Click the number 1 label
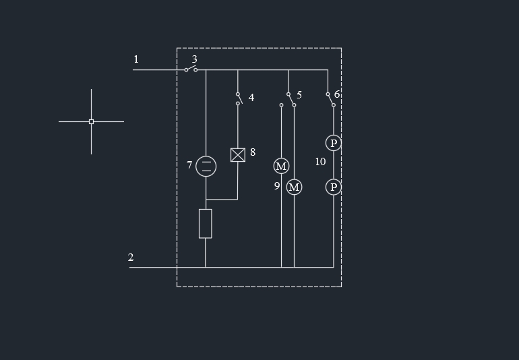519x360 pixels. tap(135, 59)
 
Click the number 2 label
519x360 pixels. tap(131, 258)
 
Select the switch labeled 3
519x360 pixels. tap(191, 69)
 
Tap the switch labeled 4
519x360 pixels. tap(238, 98)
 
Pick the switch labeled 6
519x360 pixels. tap(330, 99)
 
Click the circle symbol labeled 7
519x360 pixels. tap(206, 166)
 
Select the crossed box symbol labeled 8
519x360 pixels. tap(238, 155)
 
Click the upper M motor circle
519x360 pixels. tap(281, 167)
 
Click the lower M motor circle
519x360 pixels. tap(294, 187)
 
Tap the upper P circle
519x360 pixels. tap(334, 143)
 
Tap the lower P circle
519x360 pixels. tap(334, 187)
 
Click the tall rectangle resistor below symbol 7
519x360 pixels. tap(206, 223)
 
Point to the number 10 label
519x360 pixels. tap(320, 162)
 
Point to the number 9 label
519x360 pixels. tap(276, 185)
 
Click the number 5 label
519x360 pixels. tap(299, 95)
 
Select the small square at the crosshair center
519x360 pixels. tap(91, 121)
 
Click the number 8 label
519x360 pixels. tap(253, 152)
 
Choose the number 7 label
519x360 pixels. tap(189, 164)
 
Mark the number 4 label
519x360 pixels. tap(251, 98)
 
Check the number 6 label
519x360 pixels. tap(337, 94)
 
